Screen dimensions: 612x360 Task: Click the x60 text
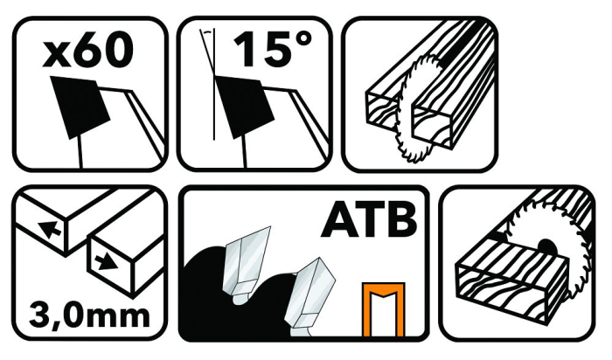(x=88, y=49)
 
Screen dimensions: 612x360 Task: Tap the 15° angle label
(x=273, y=49)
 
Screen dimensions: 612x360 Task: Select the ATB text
(x=368, y=219)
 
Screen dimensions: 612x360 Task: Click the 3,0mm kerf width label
(x=89, y=315)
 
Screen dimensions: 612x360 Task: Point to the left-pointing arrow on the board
(x=49, y=229)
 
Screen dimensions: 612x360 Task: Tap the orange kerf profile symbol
(x=383, y=309)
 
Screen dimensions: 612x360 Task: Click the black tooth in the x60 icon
(x=80, y=107)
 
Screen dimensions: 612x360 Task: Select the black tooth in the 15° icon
(x=242, y=107)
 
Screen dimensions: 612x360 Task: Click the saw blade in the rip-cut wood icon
(x=414, y=109)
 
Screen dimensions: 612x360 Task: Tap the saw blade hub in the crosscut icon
(x=546, y=246)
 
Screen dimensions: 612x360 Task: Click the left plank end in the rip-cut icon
(x=383, y=113)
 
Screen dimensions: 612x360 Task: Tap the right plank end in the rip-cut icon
(x=434, y=128)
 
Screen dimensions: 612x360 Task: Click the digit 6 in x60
(x=87, y=49)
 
